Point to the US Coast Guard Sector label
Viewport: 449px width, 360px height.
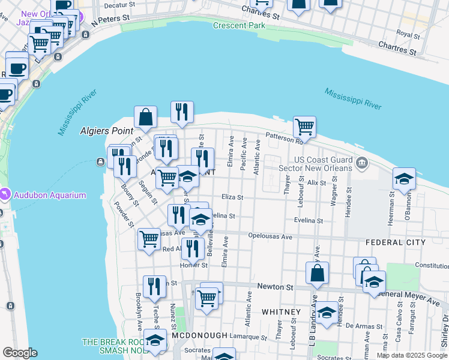pyautogui.click(x=322, y=164)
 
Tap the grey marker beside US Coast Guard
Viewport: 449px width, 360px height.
pyautogui.click(x=363, y=163)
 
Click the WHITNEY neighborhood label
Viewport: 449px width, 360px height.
pyautogui.click(x=281, y=312)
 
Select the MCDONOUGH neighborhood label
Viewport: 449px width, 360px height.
pyautogui.click(x=200, y=335)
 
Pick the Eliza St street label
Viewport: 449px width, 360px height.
pyautogui.click(x=232, y=197)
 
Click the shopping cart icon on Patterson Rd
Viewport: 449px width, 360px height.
pyautogui.click(x=304, y=127)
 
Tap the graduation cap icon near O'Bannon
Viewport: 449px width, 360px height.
pyautogui.click(x=405, y=178)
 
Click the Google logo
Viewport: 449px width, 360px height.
pyautogui.click(x=20, y=353)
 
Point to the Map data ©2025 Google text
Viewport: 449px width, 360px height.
pyautogui.click(x=412, y=355)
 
